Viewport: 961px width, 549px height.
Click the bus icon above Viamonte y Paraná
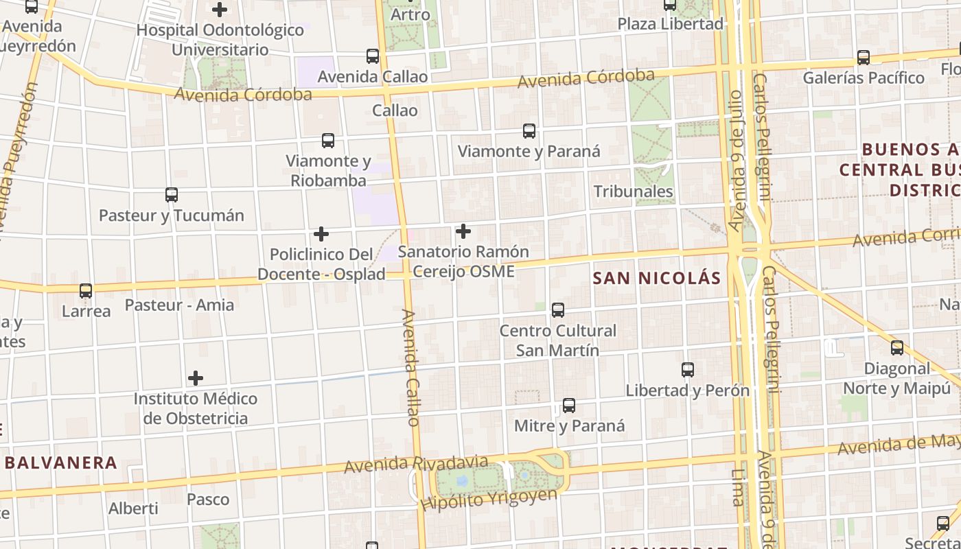(529, 131)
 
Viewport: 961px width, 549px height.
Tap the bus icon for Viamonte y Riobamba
(328, 141)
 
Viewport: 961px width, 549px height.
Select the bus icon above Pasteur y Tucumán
(172, 195)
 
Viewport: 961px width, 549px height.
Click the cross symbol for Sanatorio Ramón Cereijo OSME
(463, 231)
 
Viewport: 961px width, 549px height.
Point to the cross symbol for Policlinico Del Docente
(321, 234)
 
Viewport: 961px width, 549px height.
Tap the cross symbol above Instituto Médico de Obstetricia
(196, 378)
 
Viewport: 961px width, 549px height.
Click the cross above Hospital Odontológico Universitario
(220, 10)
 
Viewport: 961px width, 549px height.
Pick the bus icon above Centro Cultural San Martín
(558, 310)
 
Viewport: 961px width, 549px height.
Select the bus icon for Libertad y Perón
(688, 370)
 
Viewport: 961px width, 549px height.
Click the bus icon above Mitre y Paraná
(569, 406)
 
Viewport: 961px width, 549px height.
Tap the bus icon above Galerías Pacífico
(864, 58)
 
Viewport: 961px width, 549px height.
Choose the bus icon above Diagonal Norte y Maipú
(897, 348)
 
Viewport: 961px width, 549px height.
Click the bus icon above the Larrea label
(86, 291)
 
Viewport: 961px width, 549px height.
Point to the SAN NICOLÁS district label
(657, 278)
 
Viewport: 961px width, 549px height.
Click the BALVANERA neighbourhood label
(61, 463)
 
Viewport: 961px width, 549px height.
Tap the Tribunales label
(633, 191)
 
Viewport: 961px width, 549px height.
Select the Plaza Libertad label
(671, 24)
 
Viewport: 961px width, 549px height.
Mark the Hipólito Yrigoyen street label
(489, 499)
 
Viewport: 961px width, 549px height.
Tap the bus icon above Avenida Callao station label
(373, 56)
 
